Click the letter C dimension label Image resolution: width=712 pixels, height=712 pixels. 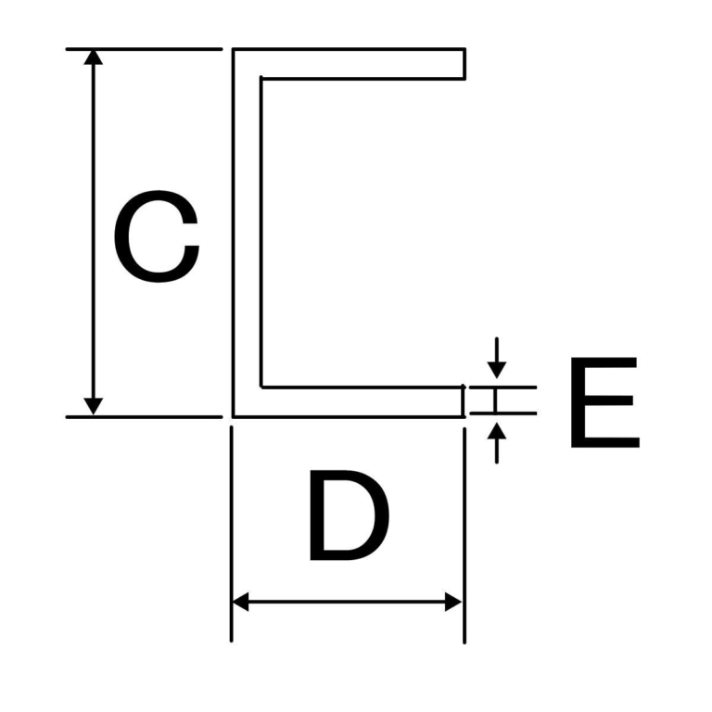(x=156, y=236)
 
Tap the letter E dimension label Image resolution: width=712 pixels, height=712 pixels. (x=604, y=401)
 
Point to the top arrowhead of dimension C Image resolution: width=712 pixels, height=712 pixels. (x=93, y=57)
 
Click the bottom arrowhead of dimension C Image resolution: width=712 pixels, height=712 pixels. (x=93, y=406)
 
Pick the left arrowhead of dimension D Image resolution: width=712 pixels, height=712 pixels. (x=240, y=602)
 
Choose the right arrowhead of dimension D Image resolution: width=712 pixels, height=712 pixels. (x=453, y=602)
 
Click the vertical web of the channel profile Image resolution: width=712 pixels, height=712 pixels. (x=247, y=232)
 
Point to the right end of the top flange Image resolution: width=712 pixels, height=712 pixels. (x=464, y=64)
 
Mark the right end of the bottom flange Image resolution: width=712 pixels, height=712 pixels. (x=463, y=401)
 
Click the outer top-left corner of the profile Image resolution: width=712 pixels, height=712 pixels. (x=234, y=49)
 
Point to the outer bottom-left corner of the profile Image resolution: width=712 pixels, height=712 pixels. (x=234, y=416)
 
